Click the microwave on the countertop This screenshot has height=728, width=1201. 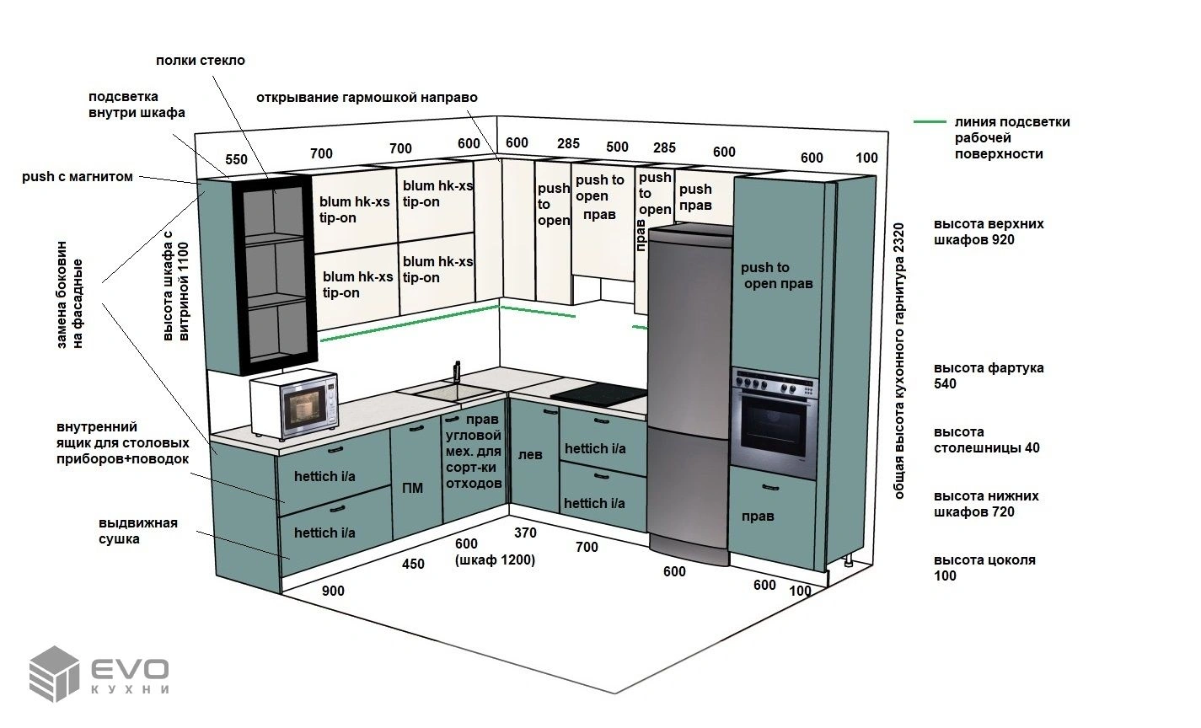coord(294,403)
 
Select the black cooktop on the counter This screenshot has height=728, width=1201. coord(600,394)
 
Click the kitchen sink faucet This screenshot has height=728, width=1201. coord(457,372)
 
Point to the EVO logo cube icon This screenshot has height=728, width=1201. coord(54,673)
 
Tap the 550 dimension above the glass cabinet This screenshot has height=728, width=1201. coord(237,159)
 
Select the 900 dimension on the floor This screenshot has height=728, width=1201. coord(333,591)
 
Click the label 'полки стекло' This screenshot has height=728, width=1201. coord(201,61)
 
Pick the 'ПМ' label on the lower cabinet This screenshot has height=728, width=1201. coord(412,488)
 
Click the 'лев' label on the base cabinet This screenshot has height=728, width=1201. coord(530,455)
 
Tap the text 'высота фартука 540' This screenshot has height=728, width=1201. coord(989,376)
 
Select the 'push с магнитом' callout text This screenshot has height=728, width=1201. coord(78,177)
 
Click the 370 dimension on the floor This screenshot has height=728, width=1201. coord(525,533)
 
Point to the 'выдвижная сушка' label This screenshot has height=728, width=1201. coord(137,531)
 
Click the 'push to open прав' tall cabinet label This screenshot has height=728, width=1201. coord(777,276)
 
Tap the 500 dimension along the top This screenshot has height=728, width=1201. coord(617,147)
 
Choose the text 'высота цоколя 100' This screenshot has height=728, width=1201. coord(984,568)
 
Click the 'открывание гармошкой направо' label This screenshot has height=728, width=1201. coord(367,98)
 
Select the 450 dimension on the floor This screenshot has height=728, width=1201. coord(413,564)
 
